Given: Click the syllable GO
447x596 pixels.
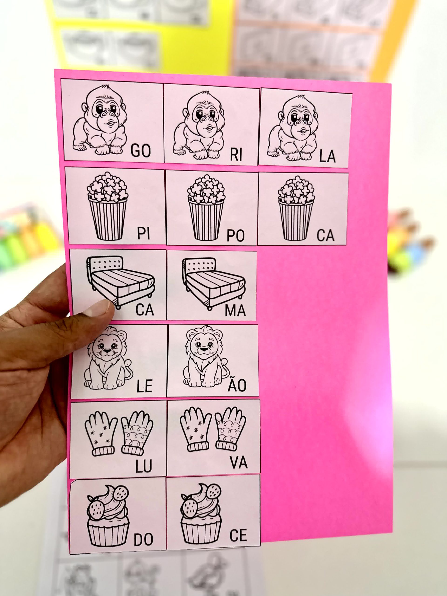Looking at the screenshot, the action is [x=141, y=151].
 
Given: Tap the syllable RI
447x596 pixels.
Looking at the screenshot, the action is [x=236, y=155].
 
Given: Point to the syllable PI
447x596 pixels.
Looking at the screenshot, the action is [x=144, y=233].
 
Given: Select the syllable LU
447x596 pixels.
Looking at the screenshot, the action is [x=144, y=466].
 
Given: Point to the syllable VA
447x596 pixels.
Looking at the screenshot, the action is [x=239, y=463].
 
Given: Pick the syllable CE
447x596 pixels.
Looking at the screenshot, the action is [x=238, y=535].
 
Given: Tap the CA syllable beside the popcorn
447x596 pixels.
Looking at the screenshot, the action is [x=325, y=235].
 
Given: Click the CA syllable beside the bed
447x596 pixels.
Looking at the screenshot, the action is [x=145, y=310].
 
